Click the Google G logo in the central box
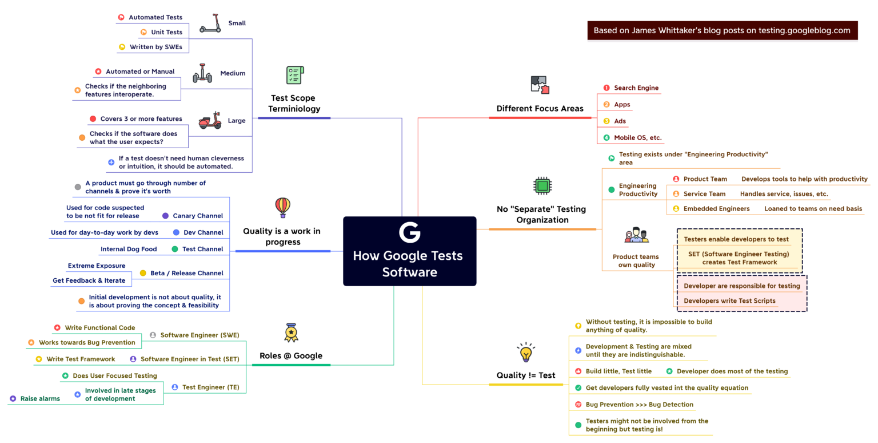[409, 232]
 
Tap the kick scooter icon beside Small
[210, 23]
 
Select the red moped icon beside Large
[210, 121]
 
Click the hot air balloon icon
[282, 207]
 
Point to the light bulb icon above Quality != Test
[526, 353]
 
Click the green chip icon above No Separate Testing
[542, 186]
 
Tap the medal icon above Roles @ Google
[292, 333]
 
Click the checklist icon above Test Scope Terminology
[294, 76]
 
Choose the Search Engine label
[636, 88]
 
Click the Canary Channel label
[198, 216]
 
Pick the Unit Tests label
[166, 32]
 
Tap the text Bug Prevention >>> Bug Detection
[639, 405]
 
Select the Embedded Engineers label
[716, 209]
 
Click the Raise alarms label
[40, 398]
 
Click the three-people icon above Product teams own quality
[636, 235]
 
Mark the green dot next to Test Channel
[175, 249]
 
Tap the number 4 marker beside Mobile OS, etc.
[606, 138]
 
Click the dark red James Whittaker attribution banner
[722, 31]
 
